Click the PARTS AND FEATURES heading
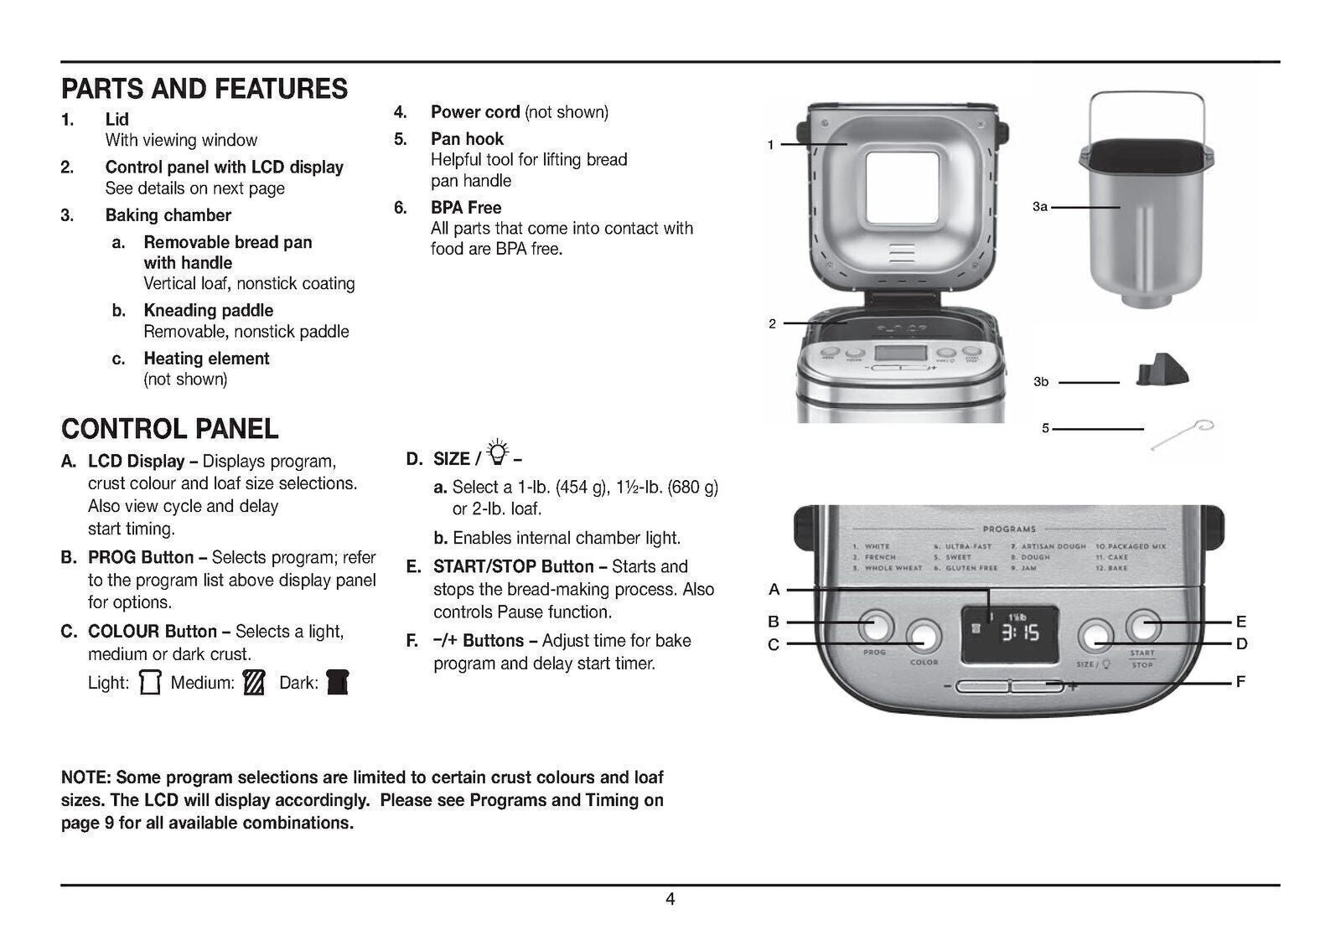[204, 89]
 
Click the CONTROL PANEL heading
[169, 429]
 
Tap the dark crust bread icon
[337, 682]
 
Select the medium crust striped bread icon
[253, 682]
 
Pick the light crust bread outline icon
[150, 682]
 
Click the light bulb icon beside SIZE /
[498, 452]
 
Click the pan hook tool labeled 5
[1182, 435]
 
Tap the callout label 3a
[1039, 206]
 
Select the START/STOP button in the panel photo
[1143, 625]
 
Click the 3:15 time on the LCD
[1021, 633]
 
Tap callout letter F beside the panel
[1240, 682]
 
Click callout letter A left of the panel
[774, 590]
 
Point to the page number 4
[670, 900]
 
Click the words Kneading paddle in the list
[208, 311]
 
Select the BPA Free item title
[466, 208]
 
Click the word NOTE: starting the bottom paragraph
[86, 777]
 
